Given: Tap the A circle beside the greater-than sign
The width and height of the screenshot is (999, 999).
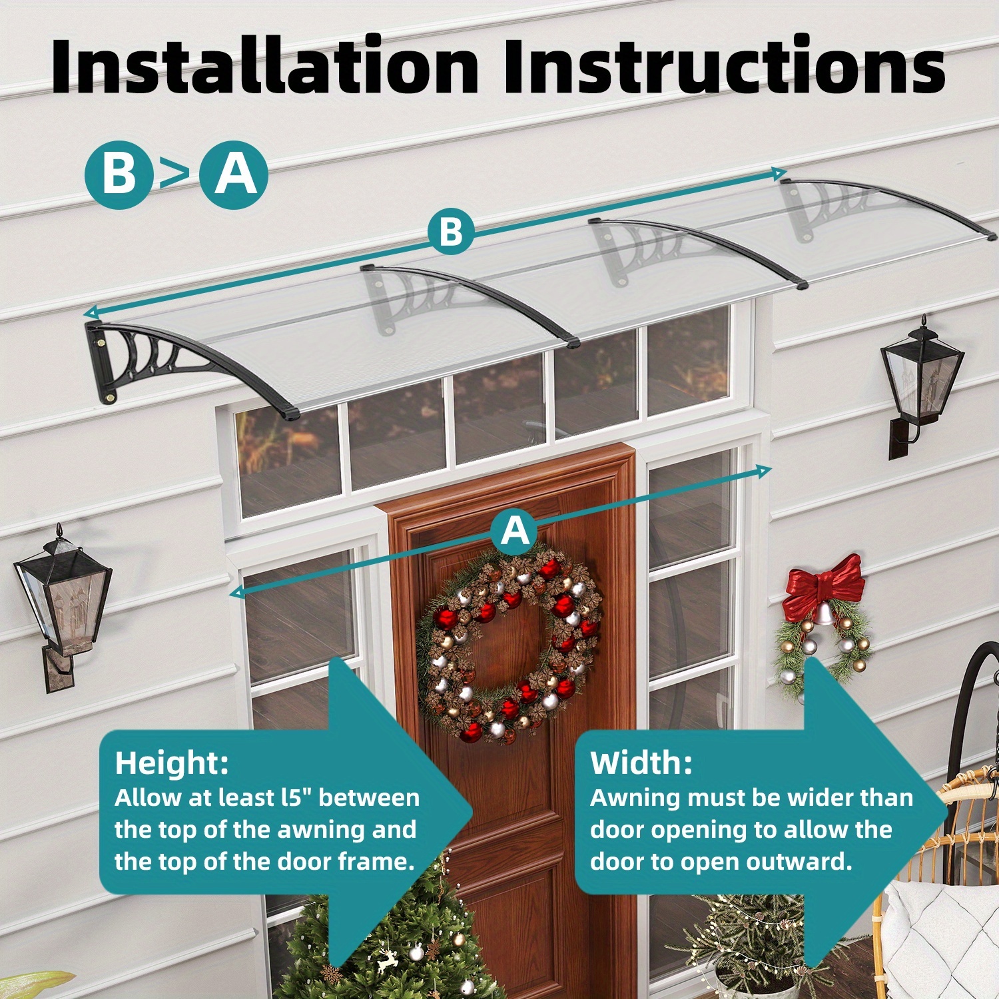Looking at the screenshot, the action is [234, 174].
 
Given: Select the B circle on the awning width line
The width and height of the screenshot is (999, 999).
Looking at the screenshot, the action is [451, 232].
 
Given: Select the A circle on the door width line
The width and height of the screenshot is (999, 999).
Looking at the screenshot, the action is [514, 531].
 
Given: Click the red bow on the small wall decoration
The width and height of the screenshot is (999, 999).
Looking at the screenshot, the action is [824, 586].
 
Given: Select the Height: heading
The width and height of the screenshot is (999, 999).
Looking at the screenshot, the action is [171, 763].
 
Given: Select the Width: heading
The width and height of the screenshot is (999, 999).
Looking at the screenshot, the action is [641, 763].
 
